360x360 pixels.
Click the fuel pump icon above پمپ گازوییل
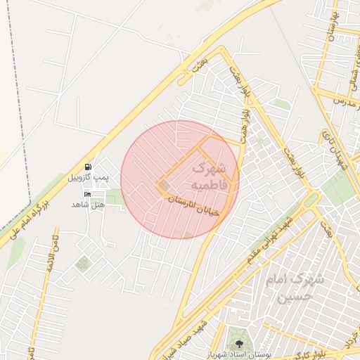point(88,167)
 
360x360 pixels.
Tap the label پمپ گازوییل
point(88,178)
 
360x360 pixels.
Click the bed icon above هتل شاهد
point(88,194)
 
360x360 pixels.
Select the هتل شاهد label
point(88,204)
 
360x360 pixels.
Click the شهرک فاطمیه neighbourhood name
point(209,176)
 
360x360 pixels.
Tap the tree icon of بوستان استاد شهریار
point(240,344)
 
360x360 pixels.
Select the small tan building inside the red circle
point(165,186)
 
